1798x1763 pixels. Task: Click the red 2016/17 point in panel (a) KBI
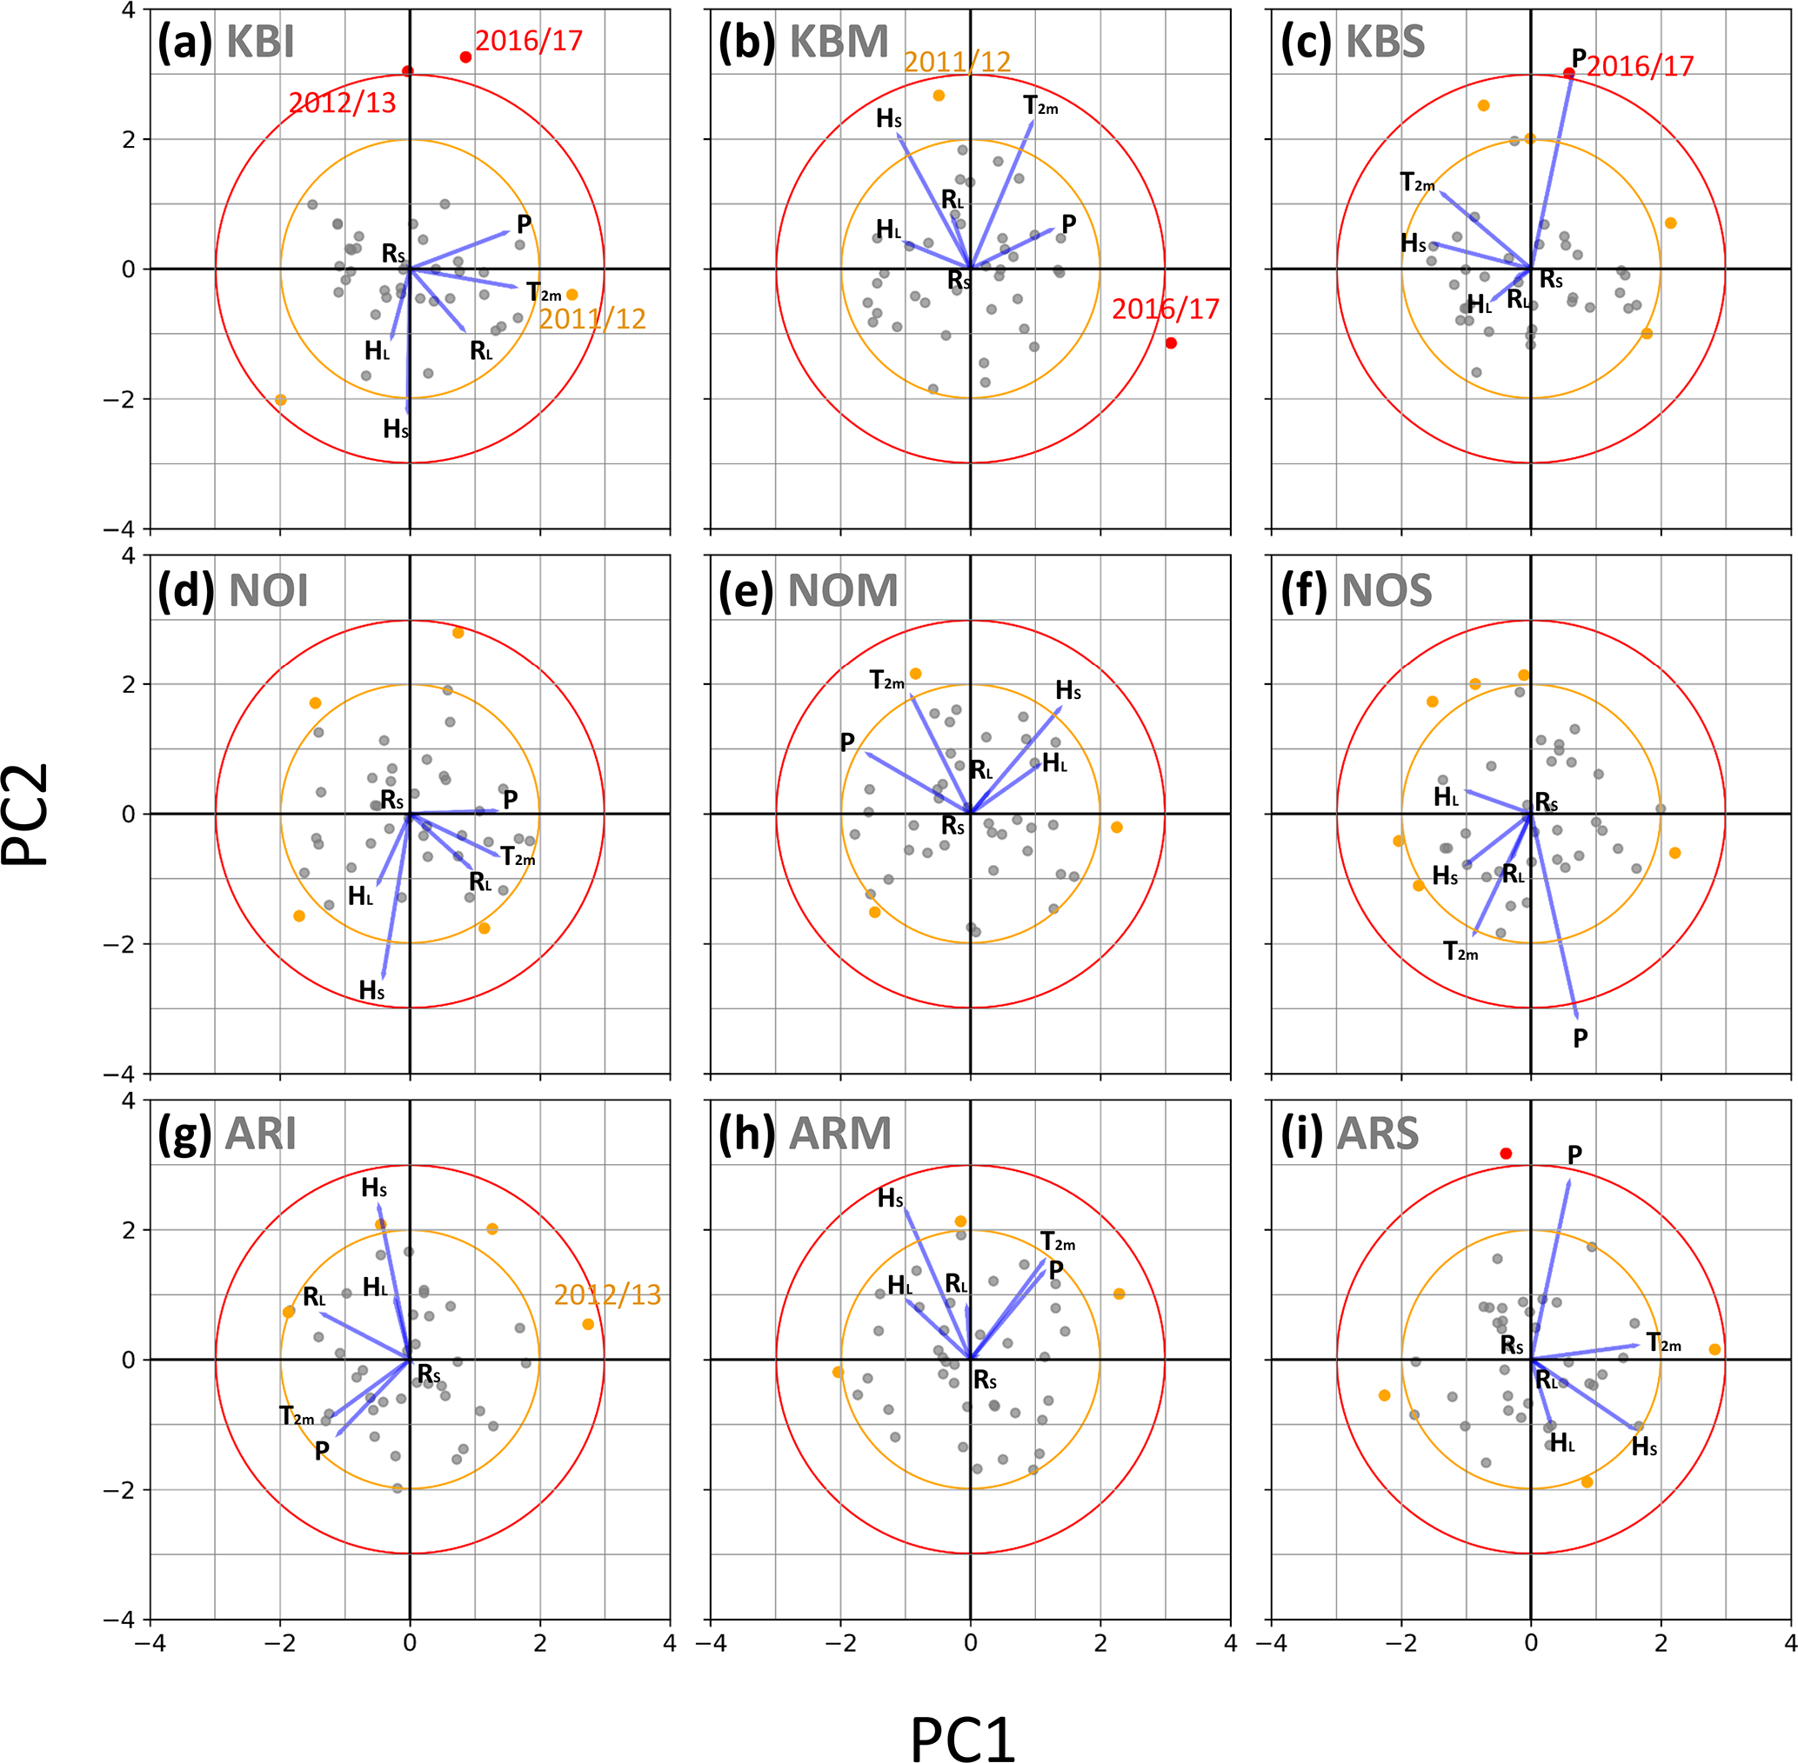point(466,57)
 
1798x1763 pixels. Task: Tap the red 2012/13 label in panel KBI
point(342,103)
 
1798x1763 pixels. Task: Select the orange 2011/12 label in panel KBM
point(957,62)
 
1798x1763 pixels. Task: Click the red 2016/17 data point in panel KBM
point(1171,343)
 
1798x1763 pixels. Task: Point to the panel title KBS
point(1385,43)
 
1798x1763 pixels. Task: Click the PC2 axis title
point(26,814)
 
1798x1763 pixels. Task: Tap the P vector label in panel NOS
point(1581,1039)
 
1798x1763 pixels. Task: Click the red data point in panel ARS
point(1507,1154)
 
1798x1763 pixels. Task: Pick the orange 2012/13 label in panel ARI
point(607,1295)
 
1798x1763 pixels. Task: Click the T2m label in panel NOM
point(886,682)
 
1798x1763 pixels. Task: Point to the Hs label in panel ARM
point(890,1199)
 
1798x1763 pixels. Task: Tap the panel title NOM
point(843,591)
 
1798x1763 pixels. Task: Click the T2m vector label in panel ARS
point(1664,1343)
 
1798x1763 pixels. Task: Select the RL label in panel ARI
point(314,1297)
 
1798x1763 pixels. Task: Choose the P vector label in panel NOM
point(846,742)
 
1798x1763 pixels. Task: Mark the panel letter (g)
point(186,1134)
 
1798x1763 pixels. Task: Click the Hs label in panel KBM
point(888,119)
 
